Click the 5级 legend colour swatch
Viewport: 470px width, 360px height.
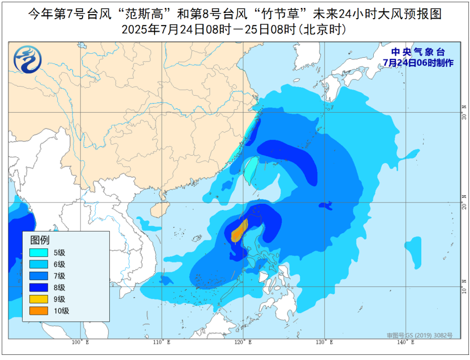point(39,252)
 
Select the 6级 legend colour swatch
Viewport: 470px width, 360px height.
point(39,264)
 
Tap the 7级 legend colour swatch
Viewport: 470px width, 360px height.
point(39,276)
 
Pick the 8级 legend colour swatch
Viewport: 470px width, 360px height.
point(39,288)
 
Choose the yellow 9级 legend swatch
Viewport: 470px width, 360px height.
point(39,299)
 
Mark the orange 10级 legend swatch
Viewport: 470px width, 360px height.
point(39,311)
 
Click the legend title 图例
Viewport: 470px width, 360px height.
point(40,239)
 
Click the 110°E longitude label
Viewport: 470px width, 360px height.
point(162,342)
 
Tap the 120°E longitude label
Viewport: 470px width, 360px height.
point(243,342)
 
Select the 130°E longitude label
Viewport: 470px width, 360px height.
point(324,342)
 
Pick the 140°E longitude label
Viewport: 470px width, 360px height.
point(405,342)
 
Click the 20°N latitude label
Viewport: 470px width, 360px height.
point(464,200)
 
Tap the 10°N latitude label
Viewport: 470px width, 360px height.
point(464,286)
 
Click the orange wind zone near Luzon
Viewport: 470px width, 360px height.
point(239,232)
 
